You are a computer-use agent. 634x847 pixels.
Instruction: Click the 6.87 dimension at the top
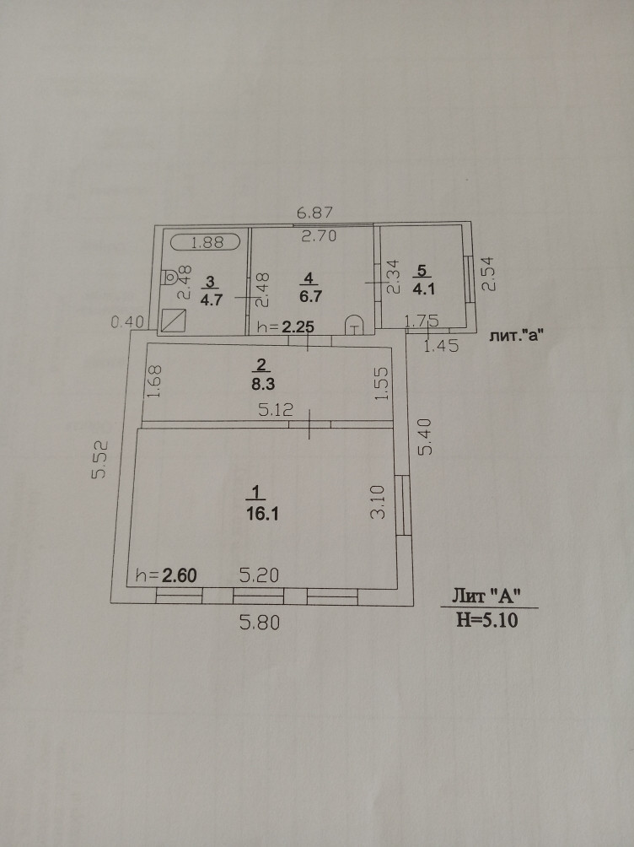click(312, 214)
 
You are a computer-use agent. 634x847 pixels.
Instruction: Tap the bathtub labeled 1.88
click(207, 243)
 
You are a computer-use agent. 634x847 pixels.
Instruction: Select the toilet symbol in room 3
click(169, 276)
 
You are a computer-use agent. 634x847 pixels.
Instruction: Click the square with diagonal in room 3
click(175, 321)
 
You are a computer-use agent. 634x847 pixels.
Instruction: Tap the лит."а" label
click(514, 335)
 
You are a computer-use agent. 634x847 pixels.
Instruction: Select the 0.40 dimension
click(129, 321)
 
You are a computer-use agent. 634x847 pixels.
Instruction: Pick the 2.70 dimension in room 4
click(320, 236)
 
